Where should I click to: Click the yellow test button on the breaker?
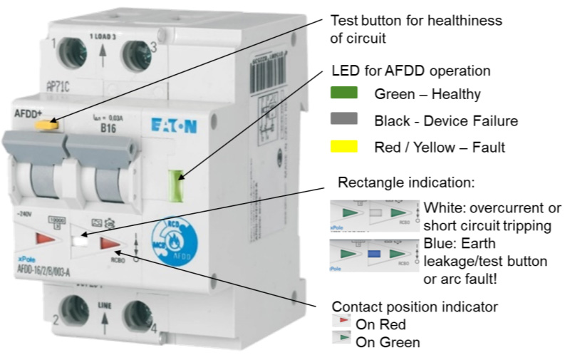(46, 125)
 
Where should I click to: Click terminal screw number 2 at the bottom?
(73, 312)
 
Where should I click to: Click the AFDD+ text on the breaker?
(28, 114)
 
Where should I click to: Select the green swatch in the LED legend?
(344, 93)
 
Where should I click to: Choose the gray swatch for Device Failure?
(344, 120)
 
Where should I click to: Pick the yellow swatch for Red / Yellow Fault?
(344, 147)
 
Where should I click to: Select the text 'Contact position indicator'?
(414, 307)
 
